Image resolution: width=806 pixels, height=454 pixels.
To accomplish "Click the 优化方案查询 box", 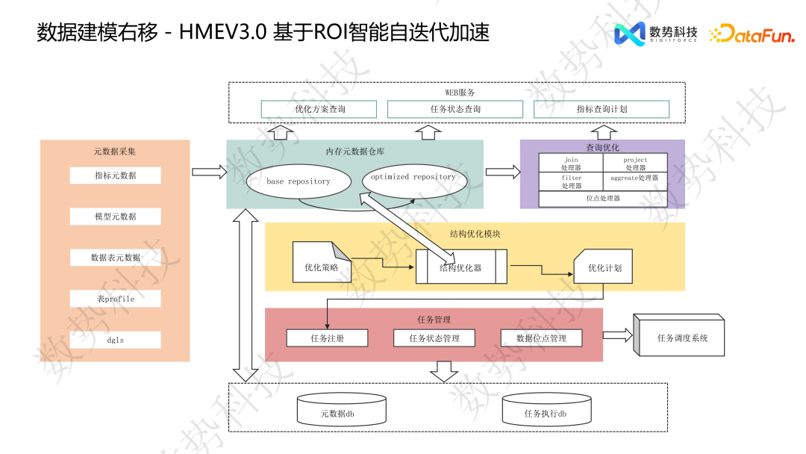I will point(320,109).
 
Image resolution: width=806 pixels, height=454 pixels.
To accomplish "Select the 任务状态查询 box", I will point(455,109).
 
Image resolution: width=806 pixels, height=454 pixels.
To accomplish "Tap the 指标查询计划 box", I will point(602,109).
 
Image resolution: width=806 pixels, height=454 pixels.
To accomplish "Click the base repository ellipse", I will point(298,181).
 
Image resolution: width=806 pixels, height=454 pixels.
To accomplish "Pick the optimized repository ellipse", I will point(413,178).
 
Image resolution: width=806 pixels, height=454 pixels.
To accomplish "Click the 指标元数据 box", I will point(116,175).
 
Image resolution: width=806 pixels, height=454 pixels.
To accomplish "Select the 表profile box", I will point(116,299).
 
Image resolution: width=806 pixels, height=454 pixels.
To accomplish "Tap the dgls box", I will point(116,340).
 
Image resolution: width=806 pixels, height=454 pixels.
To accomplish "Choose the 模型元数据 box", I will point(116,217).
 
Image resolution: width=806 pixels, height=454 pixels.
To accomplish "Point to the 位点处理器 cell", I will point(603,199).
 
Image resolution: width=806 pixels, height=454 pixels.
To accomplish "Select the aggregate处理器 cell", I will point(635,182).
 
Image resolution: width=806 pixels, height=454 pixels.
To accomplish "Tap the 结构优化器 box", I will point(461,267).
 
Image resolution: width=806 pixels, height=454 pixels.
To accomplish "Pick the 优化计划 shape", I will point(604,267).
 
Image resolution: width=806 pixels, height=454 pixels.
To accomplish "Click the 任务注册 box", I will point(328,338).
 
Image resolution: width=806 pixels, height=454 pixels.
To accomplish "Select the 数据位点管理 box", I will point(541,338).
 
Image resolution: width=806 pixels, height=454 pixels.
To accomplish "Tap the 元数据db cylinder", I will point(342,411).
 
